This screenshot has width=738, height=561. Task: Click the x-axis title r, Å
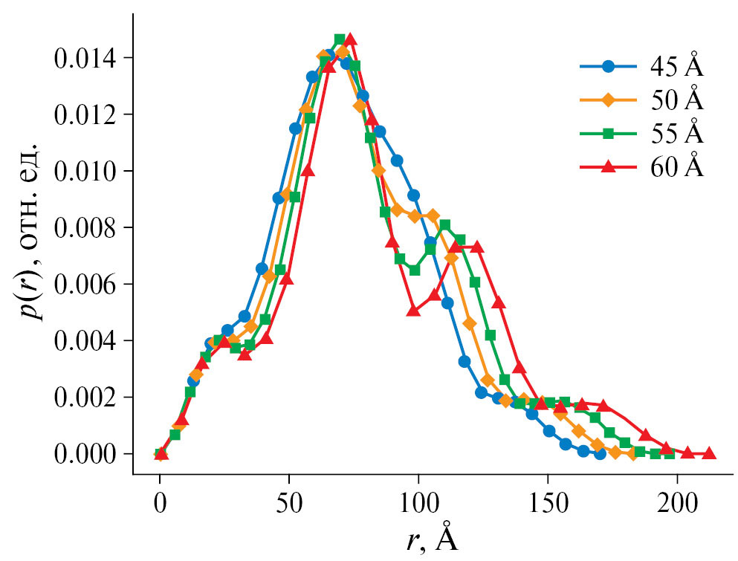click(433, 539)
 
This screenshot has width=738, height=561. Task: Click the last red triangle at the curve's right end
click(709, 453)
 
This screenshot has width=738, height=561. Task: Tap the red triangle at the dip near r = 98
click(413, 311)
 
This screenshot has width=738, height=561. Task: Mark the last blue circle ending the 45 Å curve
click(600, 453)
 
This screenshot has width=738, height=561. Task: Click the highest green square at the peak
click(340, 39)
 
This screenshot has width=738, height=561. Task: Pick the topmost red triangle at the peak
click(350, 39)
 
